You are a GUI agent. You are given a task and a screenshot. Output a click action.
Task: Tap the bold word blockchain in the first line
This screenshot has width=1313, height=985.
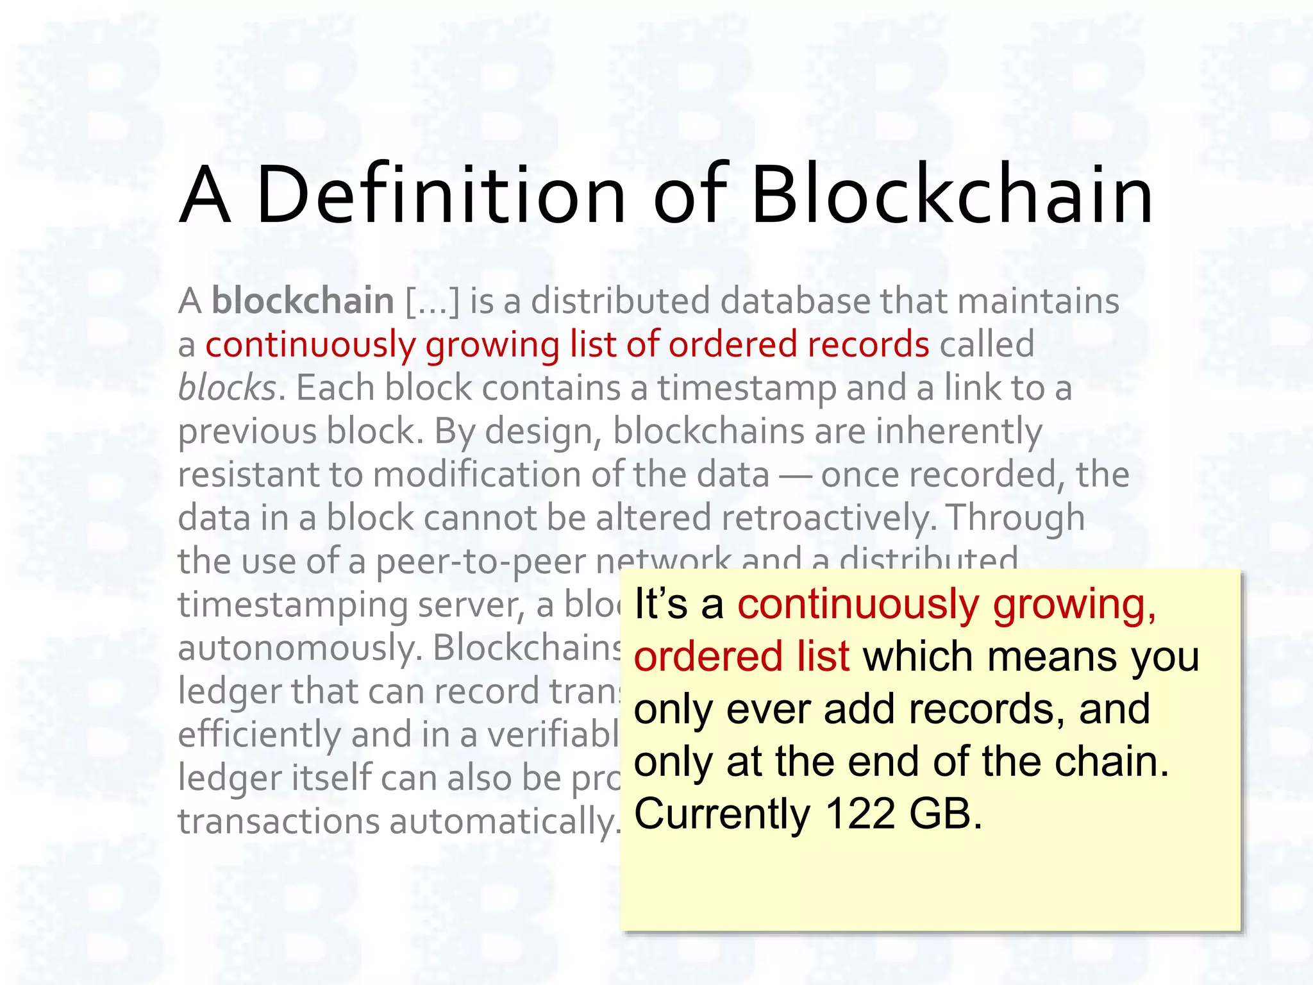tap(303, 301)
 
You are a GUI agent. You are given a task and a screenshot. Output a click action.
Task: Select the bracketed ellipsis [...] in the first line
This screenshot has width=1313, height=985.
tap(433, 301)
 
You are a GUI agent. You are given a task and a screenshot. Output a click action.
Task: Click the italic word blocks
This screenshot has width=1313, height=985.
tap(227, 388)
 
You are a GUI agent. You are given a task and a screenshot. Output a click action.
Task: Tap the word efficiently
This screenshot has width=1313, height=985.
tap(259, 735)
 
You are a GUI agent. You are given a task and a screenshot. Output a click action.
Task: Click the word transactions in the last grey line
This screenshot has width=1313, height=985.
tap(279, 822)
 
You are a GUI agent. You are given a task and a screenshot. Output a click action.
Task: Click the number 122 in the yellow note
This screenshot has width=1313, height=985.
tap(860, 814)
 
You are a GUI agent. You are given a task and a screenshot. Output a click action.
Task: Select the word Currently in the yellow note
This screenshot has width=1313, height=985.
tap(722, 815)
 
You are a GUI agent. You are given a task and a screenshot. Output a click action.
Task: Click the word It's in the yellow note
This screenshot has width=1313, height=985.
tap(660, 604)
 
